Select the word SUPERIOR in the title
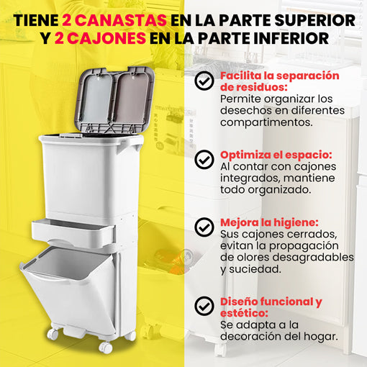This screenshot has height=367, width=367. point(314,20)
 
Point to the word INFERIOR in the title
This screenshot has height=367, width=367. point(291,38)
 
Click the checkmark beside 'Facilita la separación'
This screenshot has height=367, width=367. point(204,81)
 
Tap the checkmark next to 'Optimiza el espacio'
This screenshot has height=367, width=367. point(204,160)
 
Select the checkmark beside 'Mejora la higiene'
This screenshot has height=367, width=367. point(204,227)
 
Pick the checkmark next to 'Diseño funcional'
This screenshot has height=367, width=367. point(204,306)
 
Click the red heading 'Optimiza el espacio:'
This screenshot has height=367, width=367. point(276,155)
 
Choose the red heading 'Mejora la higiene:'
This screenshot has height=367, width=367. point(269,222)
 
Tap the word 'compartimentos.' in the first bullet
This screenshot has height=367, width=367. point(266,122)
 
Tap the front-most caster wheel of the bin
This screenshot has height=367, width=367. point(106,348)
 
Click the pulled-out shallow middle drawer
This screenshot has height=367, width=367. point(73,232)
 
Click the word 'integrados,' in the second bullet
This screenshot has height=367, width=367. point(250,178)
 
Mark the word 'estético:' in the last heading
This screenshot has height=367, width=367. point(244,313)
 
